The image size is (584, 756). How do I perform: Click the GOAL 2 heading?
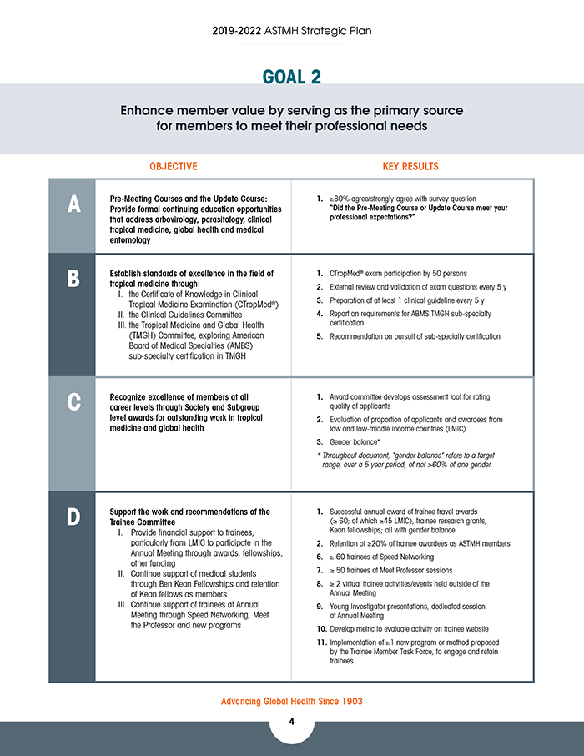292,77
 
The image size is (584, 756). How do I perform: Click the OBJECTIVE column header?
174,167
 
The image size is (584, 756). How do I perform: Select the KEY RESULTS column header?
410,167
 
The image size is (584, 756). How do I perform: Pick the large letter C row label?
73,401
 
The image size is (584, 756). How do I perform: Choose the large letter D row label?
73,517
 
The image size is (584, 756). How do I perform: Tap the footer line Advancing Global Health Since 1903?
292,701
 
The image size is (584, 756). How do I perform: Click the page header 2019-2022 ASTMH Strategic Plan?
292,31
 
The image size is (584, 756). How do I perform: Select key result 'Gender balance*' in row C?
355,441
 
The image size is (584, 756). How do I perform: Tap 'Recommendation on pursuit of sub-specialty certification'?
415,336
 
